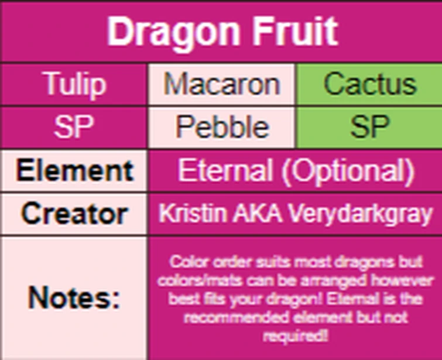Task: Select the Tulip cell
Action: [75, 85]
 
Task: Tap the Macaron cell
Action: [222, 85]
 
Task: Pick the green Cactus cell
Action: [369, 85]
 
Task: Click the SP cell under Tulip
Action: [75, 127]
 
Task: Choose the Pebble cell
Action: [222, 127]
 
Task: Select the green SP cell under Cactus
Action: [369, 127]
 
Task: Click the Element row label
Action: [75, 171]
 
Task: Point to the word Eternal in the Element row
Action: [225, 171]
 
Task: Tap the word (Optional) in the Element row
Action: [345, 171]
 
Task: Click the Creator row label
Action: [75, 214]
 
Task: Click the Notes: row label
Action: [74, 298]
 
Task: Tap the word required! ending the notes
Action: [294, 336]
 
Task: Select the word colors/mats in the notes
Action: [193, 280]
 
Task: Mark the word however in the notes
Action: [400, 280]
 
